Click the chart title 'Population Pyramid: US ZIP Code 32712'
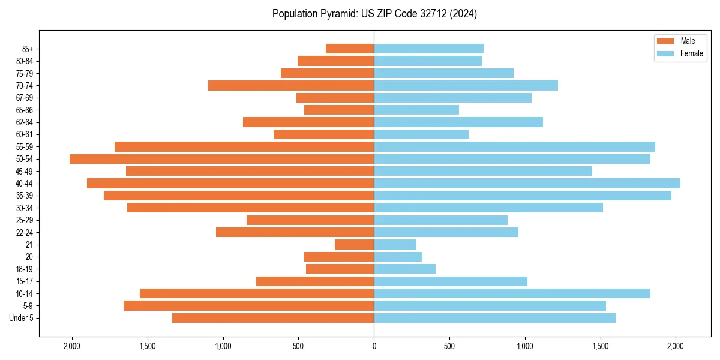pos(374,14)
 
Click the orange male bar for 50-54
pos(221,159)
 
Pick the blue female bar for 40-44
pos(527,184)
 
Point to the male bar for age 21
pos(354,245)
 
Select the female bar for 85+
pos(428,49)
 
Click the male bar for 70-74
pos(291,86)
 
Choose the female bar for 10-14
pos(512,293)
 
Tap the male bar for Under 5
pos(273,318)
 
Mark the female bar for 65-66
pos(416,110)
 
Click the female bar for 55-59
pos(514,147)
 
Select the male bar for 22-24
pos(295,232)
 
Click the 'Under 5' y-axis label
pos(22,318)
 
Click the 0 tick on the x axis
pos(374,346)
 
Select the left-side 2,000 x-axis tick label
pos(72,346)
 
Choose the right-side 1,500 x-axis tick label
pos(601,346)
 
